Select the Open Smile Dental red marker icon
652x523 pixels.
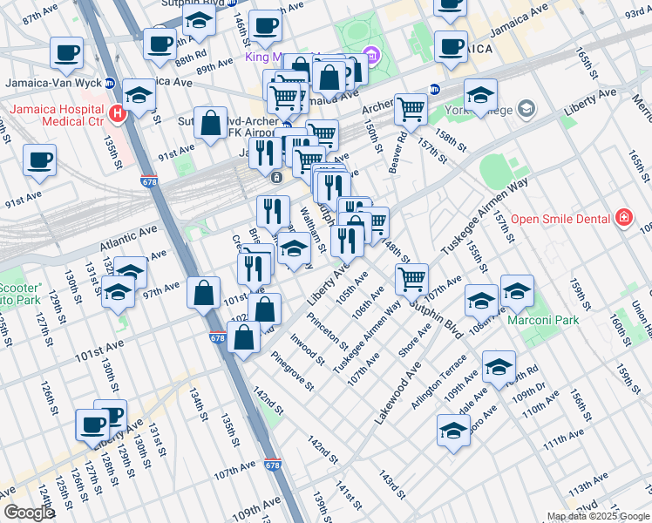point(623,217)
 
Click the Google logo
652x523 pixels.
point(29,513)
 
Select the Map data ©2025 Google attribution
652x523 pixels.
point(598,516)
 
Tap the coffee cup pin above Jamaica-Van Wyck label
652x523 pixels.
point(66,52)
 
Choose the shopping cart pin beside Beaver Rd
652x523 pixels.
point(411,110)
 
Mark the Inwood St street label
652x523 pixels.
point(309,349)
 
